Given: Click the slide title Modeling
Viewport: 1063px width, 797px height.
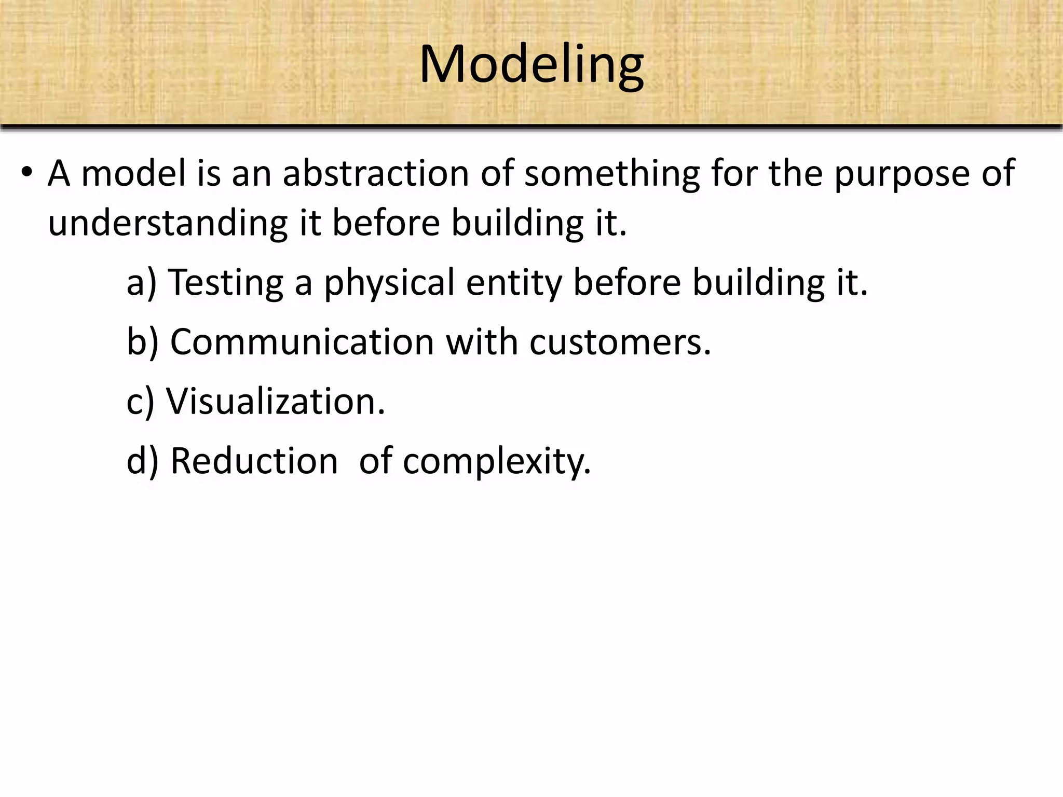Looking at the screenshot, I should pyautogui.click(x=531, y=65).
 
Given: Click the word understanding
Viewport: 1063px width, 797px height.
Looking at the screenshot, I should pyautogui.click(x=168, y=223).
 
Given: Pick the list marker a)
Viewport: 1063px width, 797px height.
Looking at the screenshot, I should pyautogui.click(x=141, y=283).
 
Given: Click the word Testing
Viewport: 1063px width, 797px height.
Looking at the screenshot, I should pyautogui.click(x=226, y=283).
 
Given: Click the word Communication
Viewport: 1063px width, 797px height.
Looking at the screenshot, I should pyautogui.click(x=302, y=342).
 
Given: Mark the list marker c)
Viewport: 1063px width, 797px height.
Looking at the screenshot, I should pyautogui.click(x=140, y=402).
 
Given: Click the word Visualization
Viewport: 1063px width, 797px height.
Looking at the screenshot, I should pyautogui.click(x=276, y=402).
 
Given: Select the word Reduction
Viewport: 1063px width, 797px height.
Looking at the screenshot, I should pyautogui.click(x=254, y=461).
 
